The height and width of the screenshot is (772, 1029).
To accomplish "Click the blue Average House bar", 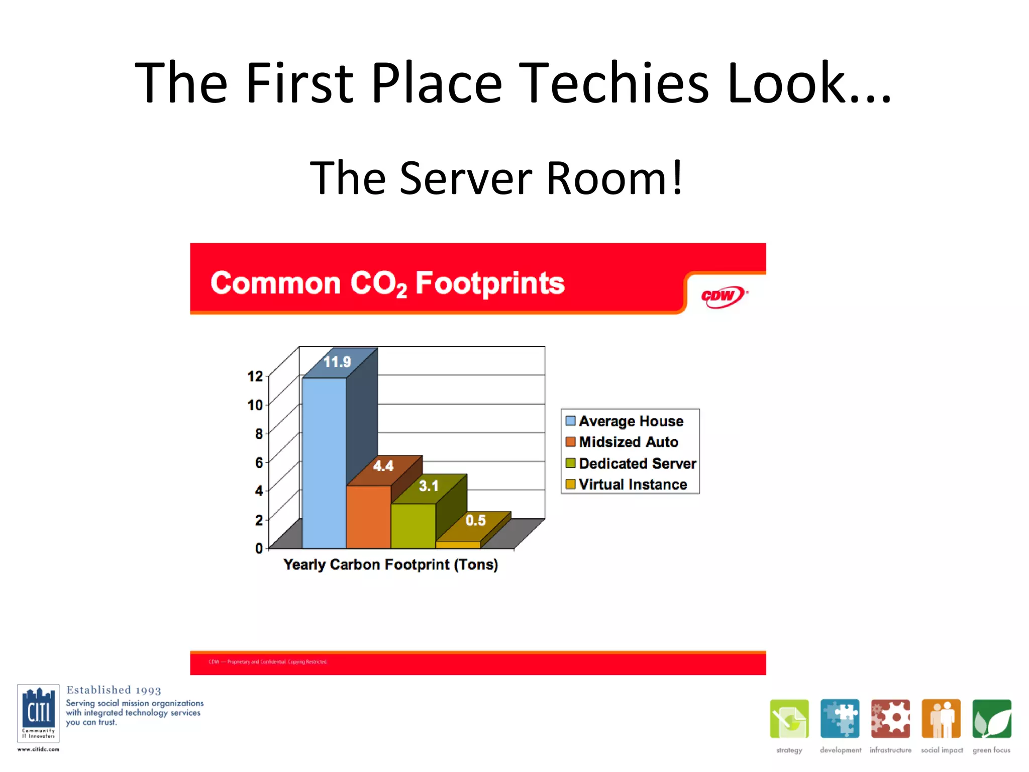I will pos(324,462).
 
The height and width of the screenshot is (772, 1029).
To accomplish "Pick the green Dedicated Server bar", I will pos(413,526).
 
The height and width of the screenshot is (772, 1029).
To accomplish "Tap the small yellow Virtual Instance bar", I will pos(458,544).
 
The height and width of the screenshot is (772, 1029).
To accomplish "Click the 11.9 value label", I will pos(337,361).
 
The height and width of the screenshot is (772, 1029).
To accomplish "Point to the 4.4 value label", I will pos(383,466).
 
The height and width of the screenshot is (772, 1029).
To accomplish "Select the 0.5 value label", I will pos(475,520).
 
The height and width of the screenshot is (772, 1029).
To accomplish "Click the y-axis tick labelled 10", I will pos(255,405).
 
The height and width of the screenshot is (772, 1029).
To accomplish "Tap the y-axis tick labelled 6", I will pos(259,462).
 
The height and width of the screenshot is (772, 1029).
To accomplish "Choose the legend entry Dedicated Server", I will pos(637,463).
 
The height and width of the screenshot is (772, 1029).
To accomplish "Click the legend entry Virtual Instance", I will pos(633,484).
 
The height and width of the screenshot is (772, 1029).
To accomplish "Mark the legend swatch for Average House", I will pos(570,421).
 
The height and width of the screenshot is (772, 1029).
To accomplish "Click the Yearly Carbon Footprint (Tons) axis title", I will pos(390,564).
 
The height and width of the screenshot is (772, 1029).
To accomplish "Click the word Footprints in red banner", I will pos(490,283).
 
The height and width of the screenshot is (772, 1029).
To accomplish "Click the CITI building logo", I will pos(38,713).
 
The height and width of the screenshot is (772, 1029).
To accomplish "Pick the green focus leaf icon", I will pos(991,719).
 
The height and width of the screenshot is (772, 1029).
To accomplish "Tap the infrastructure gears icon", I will pos(890,719).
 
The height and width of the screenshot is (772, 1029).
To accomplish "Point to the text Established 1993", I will pos(114,690).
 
